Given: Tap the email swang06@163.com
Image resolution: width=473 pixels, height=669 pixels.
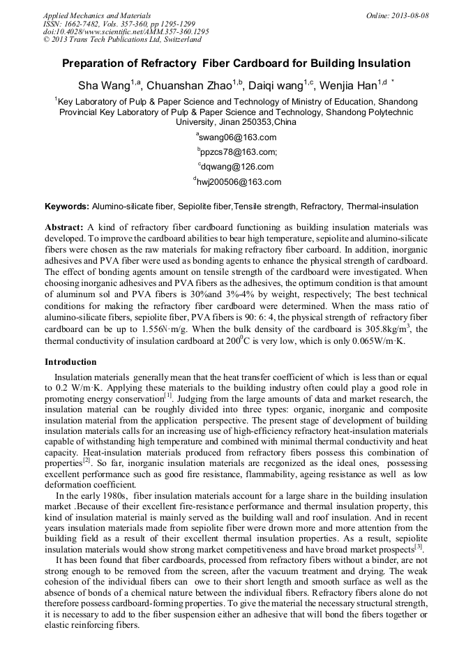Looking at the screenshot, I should (x=237, y=137).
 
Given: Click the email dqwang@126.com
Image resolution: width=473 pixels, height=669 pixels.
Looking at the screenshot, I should (x=237, y=167).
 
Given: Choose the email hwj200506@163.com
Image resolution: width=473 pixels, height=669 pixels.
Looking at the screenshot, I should (x=238, y=182).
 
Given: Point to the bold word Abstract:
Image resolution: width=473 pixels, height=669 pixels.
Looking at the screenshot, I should (x=64, y=227).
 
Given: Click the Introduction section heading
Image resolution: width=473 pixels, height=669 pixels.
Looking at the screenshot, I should (x=70, y=362).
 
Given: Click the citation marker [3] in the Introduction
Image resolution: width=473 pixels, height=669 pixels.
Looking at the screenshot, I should (x=419, y=547).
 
